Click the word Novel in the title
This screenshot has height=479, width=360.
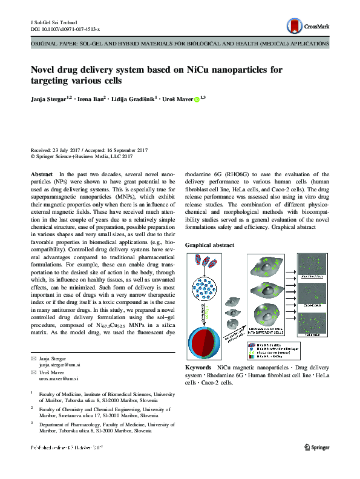pos(45,69)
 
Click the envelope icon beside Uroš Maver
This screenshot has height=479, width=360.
pos(34,372)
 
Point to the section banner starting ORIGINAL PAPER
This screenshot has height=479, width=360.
pos(180,44)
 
